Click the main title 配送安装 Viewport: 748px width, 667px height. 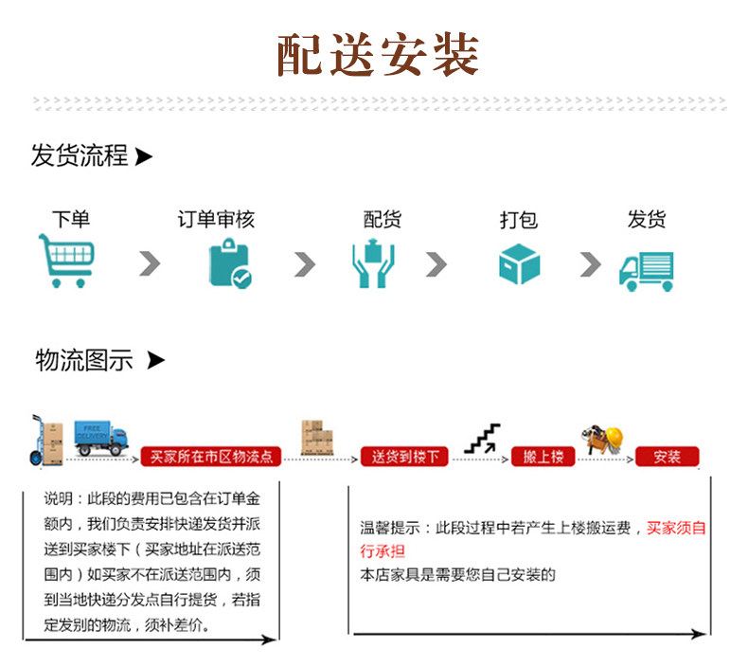click(378, 55)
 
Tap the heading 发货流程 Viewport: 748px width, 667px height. click(80, 155)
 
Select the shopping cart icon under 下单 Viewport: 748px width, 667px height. click(66, 261)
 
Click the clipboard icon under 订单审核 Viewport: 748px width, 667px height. click(230, 263)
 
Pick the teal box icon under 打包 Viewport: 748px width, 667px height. click(520, 264)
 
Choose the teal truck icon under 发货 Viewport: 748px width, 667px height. click(647, 271)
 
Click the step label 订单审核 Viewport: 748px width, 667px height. click(216, 220)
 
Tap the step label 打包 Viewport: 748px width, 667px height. click(519, 220)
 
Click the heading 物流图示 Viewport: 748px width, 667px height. click(84, 360)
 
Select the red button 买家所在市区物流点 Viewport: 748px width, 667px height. click(211, 457)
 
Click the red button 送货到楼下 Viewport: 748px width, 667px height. click(404, 457)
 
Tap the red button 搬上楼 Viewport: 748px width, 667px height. click(543, 457)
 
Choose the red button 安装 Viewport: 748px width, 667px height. click(668, 457)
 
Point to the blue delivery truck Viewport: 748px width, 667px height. click(101, 438)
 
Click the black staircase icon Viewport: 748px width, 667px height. click(482, 439)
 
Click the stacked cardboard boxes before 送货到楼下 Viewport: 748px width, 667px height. click(317, 438)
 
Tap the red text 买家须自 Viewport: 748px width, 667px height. click(676, 528)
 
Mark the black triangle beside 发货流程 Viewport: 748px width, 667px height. click(144, 156)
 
